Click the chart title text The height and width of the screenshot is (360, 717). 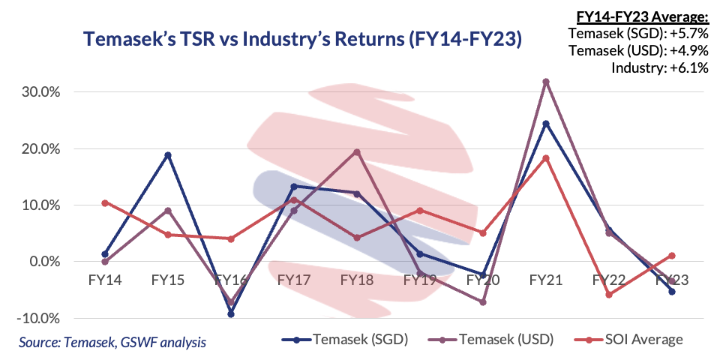[x=302, y=39]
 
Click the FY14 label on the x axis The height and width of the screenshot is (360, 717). [x=105, y=279]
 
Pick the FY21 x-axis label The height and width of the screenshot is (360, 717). [x=546, y=279]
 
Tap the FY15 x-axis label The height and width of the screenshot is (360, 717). [x=168, y=279]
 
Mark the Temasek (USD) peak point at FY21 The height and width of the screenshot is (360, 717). [x=546, y=81]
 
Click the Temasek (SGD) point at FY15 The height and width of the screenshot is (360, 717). [x=168, y=155]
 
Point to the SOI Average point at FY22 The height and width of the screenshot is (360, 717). [x=609, y=295]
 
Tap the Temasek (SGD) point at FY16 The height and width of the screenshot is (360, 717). [x=231, y=313]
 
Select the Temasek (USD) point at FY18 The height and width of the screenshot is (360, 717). [x=357, y=152]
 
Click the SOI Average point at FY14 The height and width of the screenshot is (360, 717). [x=105, y=202]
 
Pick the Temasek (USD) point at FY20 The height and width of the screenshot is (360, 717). [x=483, y=302]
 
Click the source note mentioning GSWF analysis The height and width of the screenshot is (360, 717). [x=112, y=342]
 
